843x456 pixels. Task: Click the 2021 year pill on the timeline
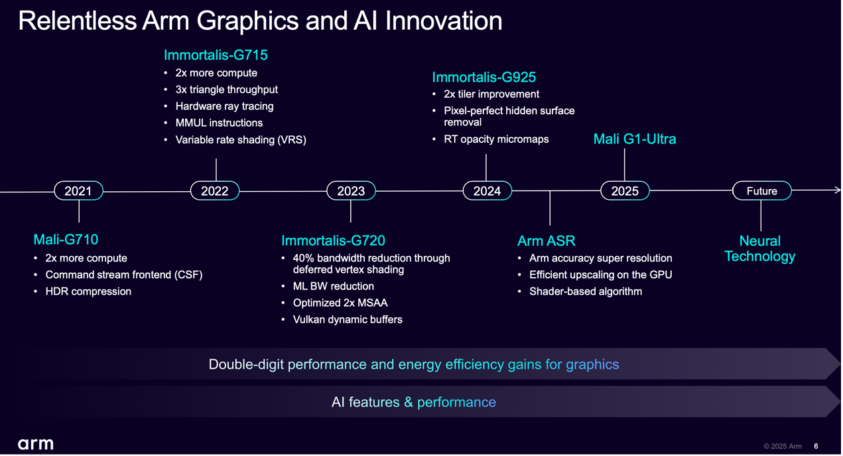tap(78, 190)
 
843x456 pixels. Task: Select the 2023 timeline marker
tap(351, 190)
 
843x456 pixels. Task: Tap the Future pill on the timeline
tap(761, 190)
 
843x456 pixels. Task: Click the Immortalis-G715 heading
tap(216, 55)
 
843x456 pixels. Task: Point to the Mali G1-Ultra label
tap(635, 139)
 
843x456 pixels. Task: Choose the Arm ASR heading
tap(546, 241)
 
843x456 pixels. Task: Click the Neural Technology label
tap(760, 248)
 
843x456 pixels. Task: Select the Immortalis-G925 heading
tap(484, 77)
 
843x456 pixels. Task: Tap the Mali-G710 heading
tap(66, 240)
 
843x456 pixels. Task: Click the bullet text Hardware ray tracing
tap(224, 106)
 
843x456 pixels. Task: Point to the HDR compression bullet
tap(88, 291)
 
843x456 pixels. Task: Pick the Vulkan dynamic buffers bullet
tap(348, 320)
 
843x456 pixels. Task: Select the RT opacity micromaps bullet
tap(496, 139)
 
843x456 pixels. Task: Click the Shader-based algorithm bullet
tap(586, 291)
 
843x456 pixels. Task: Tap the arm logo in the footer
tap(36, 444)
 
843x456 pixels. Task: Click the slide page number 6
tap(816, 446)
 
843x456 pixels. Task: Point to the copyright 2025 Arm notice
tap(783, 446)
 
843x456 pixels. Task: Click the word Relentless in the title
tap(77, 21)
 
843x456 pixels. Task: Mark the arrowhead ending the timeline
tap(838, 190)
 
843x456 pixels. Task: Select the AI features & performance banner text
tap(414, 402)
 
